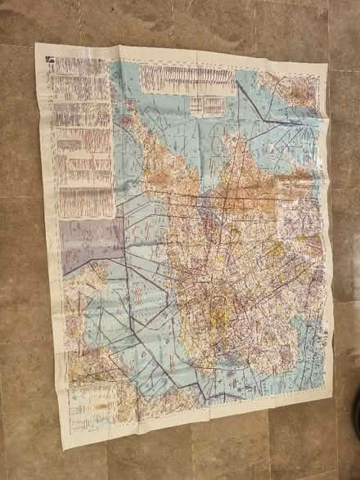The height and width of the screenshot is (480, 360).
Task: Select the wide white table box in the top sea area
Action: point(186,79)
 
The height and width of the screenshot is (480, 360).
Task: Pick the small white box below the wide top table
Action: point(208,105)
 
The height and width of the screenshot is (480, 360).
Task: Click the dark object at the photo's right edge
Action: point(354,425)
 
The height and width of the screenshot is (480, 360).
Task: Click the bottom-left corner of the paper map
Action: point(63,448)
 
